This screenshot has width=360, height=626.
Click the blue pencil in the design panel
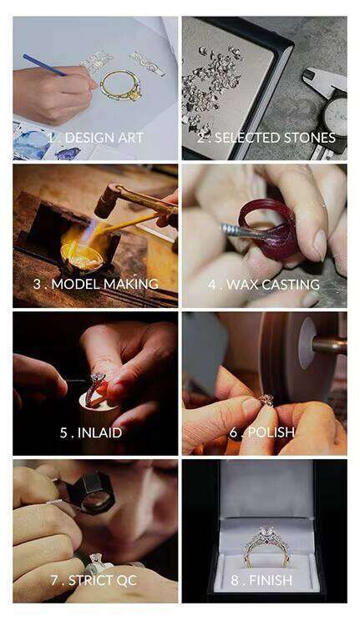(x=44, y=65)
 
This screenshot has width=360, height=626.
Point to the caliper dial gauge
(x=335, y=116)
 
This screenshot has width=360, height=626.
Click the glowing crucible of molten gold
(x=82, y=256)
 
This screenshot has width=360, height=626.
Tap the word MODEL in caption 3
(x=76, y=284)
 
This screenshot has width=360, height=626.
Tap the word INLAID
(x=99, y=432)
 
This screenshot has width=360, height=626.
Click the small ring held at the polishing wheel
(x=266, y=400)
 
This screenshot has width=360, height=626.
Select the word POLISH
(x=271, y=432)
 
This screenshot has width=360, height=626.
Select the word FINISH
(x=271, y=580)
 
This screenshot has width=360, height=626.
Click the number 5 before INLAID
(x=63, y=432)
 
